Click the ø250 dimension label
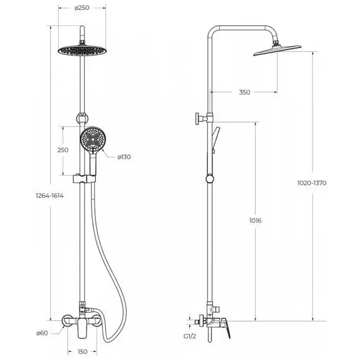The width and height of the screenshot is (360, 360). [81, 8]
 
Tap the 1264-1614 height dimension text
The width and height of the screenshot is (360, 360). [50, 196]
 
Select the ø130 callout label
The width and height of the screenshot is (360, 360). [124, 157]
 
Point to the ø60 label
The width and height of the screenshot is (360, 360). [42, 333]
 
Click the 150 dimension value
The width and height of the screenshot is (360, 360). [82, 352]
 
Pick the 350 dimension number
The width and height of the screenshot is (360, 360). [244, 92]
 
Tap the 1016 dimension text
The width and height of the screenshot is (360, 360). [255, 220]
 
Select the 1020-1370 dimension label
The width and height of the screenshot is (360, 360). [312, 183]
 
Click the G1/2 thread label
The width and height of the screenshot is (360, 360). [189, 337]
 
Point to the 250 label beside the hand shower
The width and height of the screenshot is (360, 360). [63, 150]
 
